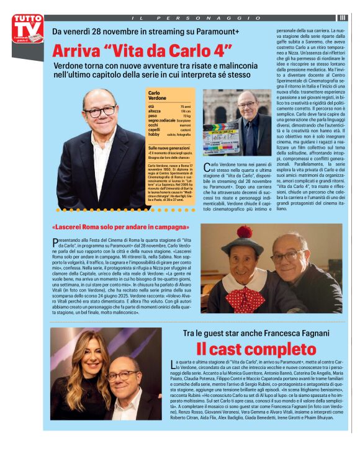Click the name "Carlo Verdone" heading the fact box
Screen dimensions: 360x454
coord(158,96)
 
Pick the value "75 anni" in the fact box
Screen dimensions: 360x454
coord(186,107)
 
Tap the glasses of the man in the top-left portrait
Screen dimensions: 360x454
coord(99,112)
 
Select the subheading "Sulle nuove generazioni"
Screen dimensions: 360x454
coord(169,149)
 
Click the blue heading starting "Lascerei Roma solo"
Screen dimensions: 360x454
coord(111,226)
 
